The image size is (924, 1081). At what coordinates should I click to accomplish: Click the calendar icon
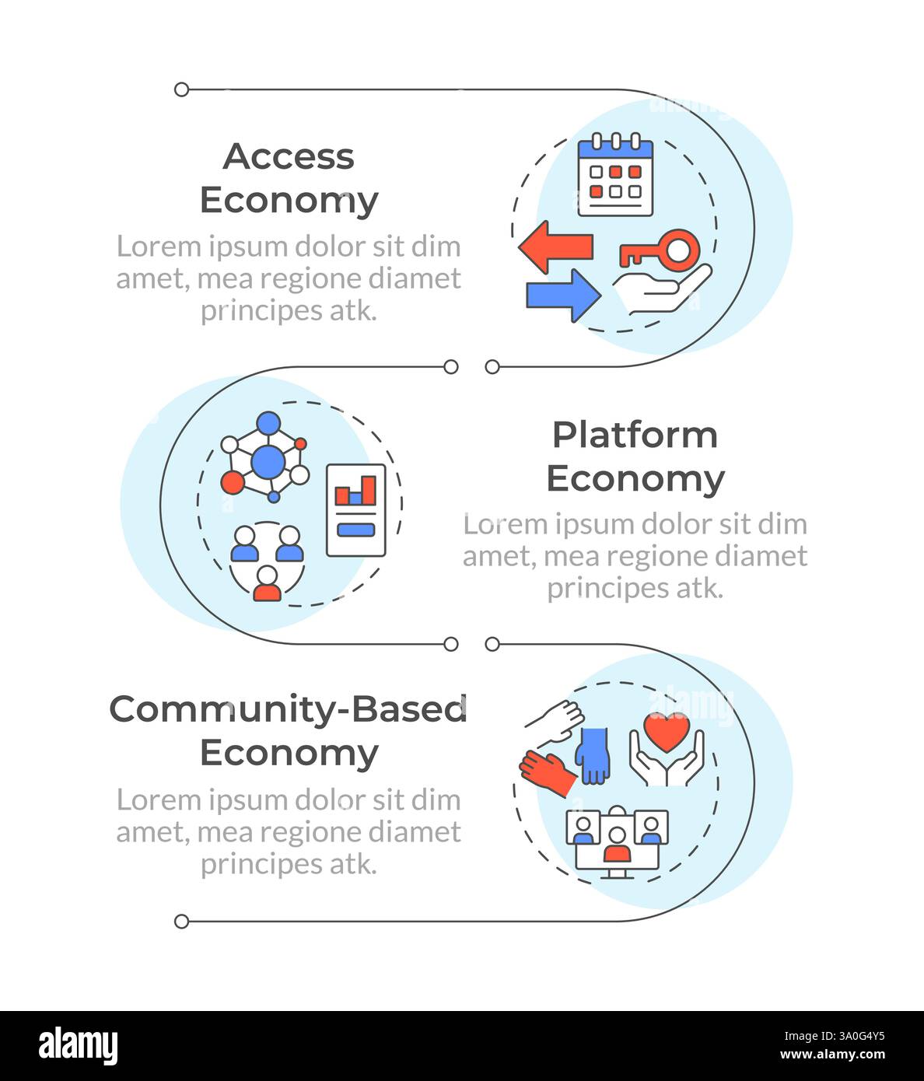(615, 177)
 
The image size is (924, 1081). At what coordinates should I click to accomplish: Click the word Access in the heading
(289, 156)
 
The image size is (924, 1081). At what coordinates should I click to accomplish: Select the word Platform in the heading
(635, 435)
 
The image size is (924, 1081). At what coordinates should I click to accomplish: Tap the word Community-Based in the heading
(289, 709)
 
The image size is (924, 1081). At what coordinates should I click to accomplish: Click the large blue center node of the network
(268, 461)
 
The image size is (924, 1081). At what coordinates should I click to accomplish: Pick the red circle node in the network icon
(232, 483)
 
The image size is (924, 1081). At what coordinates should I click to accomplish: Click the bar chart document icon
(356, 510)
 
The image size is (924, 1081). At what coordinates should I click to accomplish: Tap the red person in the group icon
(267, 585)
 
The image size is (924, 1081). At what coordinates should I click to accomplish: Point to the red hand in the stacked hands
(548, 773)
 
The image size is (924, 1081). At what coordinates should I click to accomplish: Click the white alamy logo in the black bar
(78, 1046)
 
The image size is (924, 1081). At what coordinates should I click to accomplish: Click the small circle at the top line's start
(181, 89)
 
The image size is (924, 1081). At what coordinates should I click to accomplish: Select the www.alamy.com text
(832, 1055)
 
